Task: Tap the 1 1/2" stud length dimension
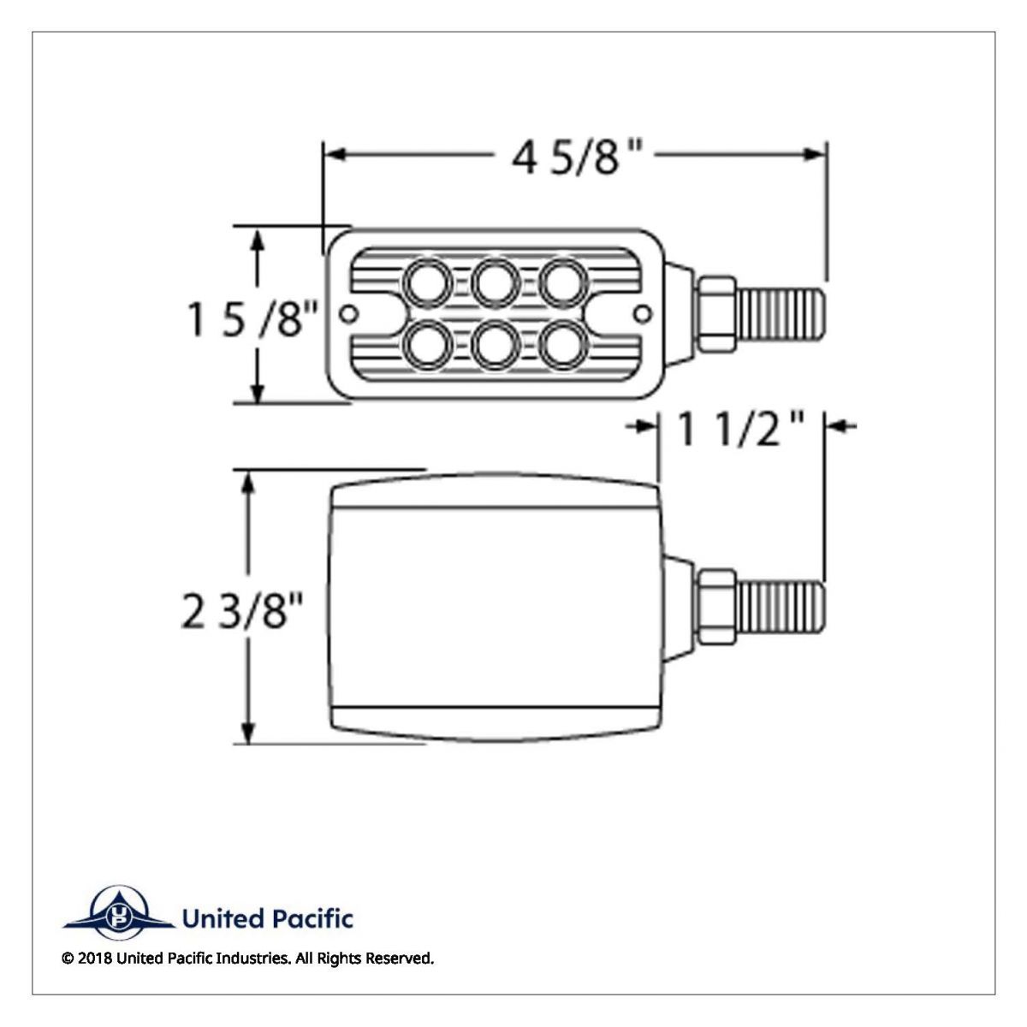[740, 429]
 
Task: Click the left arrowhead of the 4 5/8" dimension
[334, 155]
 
